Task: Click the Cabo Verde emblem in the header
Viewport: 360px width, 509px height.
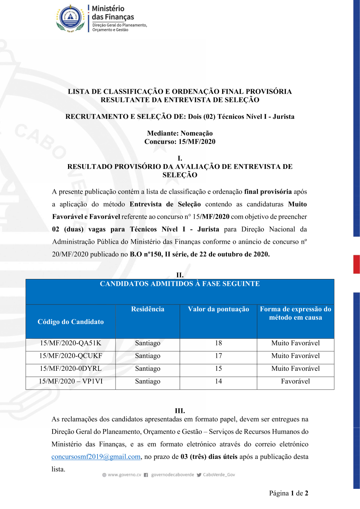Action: point(71,18)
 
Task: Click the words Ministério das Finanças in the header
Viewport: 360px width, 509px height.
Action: point(113,13)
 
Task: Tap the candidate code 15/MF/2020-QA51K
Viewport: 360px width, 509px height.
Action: point(71,343)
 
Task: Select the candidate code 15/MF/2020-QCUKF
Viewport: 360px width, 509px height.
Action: point(71,356)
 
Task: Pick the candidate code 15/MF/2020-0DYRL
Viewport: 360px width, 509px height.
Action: point(71,369)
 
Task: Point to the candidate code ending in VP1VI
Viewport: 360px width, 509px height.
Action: point(71,381)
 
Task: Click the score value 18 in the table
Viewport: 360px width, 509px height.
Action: point(219,343)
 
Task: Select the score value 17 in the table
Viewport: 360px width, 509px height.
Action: point(219,356)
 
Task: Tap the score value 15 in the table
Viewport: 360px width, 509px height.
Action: point(219,369)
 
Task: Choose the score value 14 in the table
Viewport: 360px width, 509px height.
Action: point(219,381)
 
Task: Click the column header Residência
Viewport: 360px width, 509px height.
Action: point(148,309)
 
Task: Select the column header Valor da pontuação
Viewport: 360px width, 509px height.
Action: point(219,309)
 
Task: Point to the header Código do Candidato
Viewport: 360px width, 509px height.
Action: point(71,322)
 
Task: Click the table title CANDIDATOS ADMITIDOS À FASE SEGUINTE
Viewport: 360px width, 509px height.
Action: point(180,284)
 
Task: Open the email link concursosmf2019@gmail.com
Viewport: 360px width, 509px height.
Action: point(96,457)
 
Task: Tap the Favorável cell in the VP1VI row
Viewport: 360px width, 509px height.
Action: point(295,381)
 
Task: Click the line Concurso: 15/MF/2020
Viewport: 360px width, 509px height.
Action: point(180,141)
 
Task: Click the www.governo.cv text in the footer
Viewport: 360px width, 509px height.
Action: point(124,475)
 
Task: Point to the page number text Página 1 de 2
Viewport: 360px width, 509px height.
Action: point(288,493)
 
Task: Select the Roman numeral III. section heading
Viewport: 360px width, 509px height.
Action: point(180,411)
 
